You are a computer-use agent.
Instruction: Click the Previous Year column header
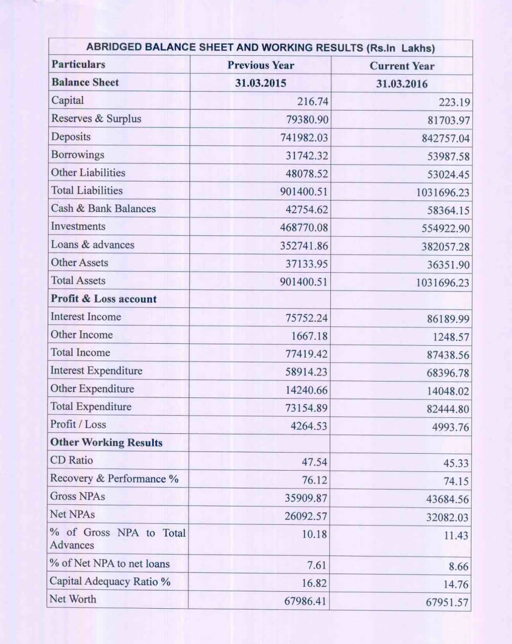pos(261,65)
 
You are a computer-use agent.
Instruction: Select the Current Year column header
pos(401,66)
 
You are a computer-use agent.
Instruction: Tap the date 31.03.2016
pos(401,84)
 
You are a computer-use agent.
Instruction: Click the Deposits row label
pos(71,137)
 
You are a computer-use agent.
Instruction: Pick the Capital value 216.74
pos(312,101)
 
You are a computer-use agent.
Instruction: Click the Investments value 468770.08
pos(304,227)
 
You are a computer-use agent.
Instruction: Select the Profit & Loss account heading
pos(103,299)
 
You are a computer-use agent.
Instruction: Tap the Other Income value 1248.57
pos(448,337)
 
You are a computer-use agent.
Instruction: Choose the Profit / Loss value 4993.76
pos(450,427)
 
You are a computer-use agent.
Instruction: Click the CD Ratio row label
pos(72,460)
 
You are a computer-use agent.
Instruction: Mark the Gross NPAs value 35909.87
pos(306,498)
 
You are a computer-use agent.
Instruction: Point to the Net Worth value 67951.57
pos(447,602)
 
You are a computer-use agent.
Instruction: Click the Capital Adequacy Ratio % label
pos(110,582)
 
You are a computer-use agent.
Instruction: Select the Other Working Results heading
pos(106,442)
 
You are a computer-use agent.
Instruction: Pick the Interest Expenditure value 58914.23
pos(306,372)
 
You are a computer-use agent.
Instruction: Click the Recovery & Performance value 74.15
pos(456,481)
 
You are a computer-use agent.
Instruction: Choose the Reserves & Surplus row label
pos(96,119)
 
